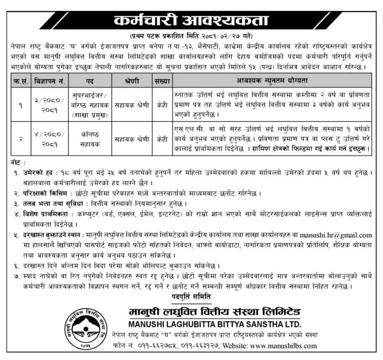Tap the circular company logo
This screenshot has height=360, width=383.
point(87,327)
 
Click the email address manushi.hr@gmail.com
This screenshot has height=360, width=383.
point(336,235)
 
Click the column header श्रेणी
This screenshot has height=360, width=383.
point(132,80)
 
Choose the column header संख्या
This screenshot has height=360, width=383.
point(162,80)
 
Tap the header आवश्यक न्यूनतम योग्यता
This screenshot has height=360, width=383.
point(272,80)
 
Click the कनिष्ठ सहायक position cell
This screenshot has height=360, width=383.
point(89,139)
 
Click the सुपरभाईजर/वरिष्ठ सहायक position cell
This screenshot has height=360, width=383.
point(89,105)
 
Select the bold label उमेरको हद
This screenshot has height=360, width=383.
point(36,173)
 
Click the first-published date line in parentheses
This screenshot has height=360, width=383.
point(191,37)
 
